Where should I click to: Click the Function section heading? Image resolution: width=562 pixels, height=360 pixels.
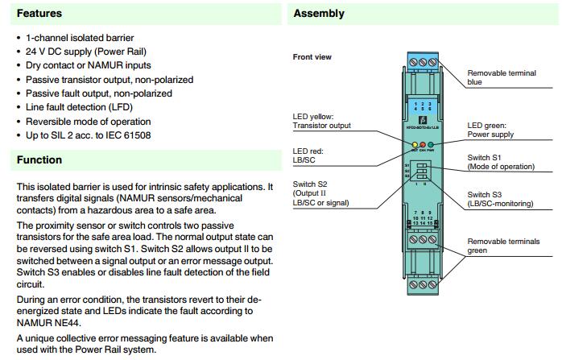coord(39,160)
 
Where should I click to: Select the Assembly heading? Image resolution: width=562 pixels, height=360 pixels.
coord(319,14)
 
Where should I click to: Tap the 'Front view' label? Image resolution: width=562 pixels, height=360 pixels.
coord(312,57)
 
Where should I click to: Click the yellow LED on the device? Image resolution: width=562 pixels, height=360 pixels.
coord(414,146)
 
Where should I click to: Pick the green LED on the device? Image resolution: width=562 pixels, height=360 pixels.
coord(432,146)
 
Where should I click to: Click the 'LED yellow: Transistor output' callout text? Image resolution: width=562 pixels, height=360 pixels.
coord(326,122)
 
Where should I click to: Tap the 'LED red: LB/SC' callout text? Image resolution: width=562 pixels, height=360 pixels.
coord(310,156)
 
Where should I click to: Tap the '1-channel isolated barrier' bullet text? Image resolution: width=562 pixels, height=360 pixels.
coord(80,39)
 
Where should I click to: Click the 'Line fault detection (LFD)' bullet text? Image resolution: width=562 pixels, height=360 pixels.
coord(80,106)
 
